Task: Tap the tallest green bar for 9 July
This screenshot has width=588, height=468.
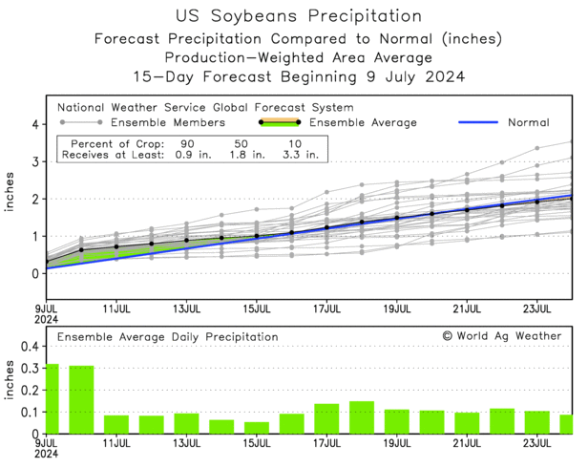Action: pyautogui.click(x=52, y=398)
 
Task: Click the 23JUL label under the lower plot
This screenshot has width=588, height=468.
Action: pyautogui.click(x=536, y=446)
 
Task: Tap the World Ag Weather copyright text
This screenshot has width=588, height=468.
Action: pyautogui.click(x=501, y=336)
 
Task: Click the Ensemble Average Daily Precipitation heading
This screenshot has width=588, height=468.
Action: pyautogui.click(x=167, y=337)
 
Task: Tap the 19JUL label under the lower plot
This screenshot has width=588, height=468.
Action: pyautogui.click(x=396, y=446)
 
